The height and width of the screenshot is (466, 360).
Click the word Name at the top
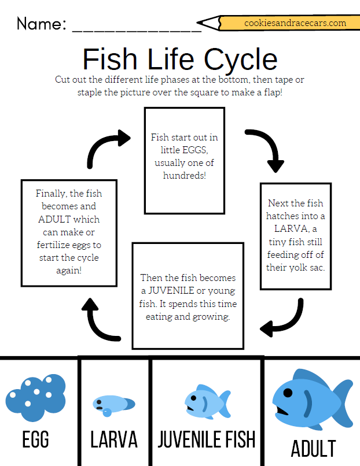41,24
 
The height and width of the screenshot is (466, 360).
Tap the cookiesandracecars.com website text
295,23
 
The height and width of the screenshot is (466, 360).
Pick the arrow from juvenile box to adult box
101,321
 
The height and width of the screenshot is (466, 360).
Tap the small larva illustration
113,404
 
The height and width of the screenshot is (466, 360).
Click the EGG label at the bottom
35,440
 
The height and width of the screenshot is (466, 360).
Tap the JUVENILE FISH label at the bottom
207,439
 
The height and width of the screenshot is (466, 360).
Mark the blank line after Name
137,29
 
